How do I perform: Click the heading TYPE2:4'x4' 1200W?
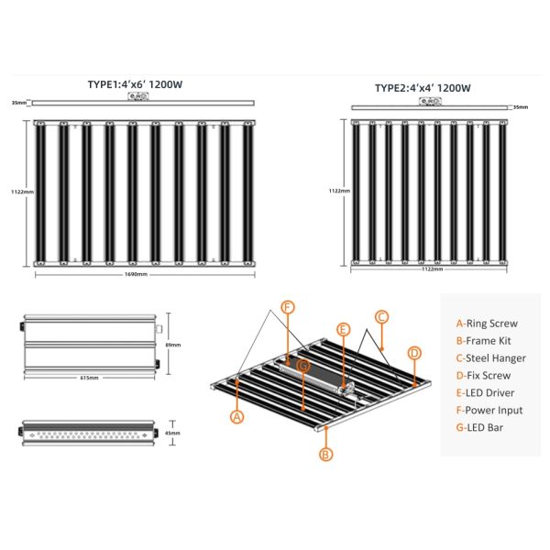point(423,89)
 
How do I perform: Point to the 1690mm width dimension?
point(134,274)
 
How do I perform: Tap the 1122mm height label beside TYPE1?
point(22,192)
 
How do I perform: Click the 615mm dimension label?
point(89,376)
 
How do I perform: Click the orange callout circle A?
point(237,416)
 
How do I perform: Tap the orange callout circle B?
point(324,453)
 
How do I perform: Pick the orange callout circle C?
point(381,316)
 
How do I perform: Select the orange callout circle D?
point(413,353)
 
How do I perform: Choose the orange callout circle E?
point(344,328)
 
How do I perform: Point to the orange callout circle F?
point(287,307)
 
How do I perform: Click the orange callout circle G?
point(303,364)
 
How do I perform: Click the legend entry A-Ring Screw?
point(487,323)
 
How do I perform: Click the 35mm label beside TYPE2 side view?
point(521,107)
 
